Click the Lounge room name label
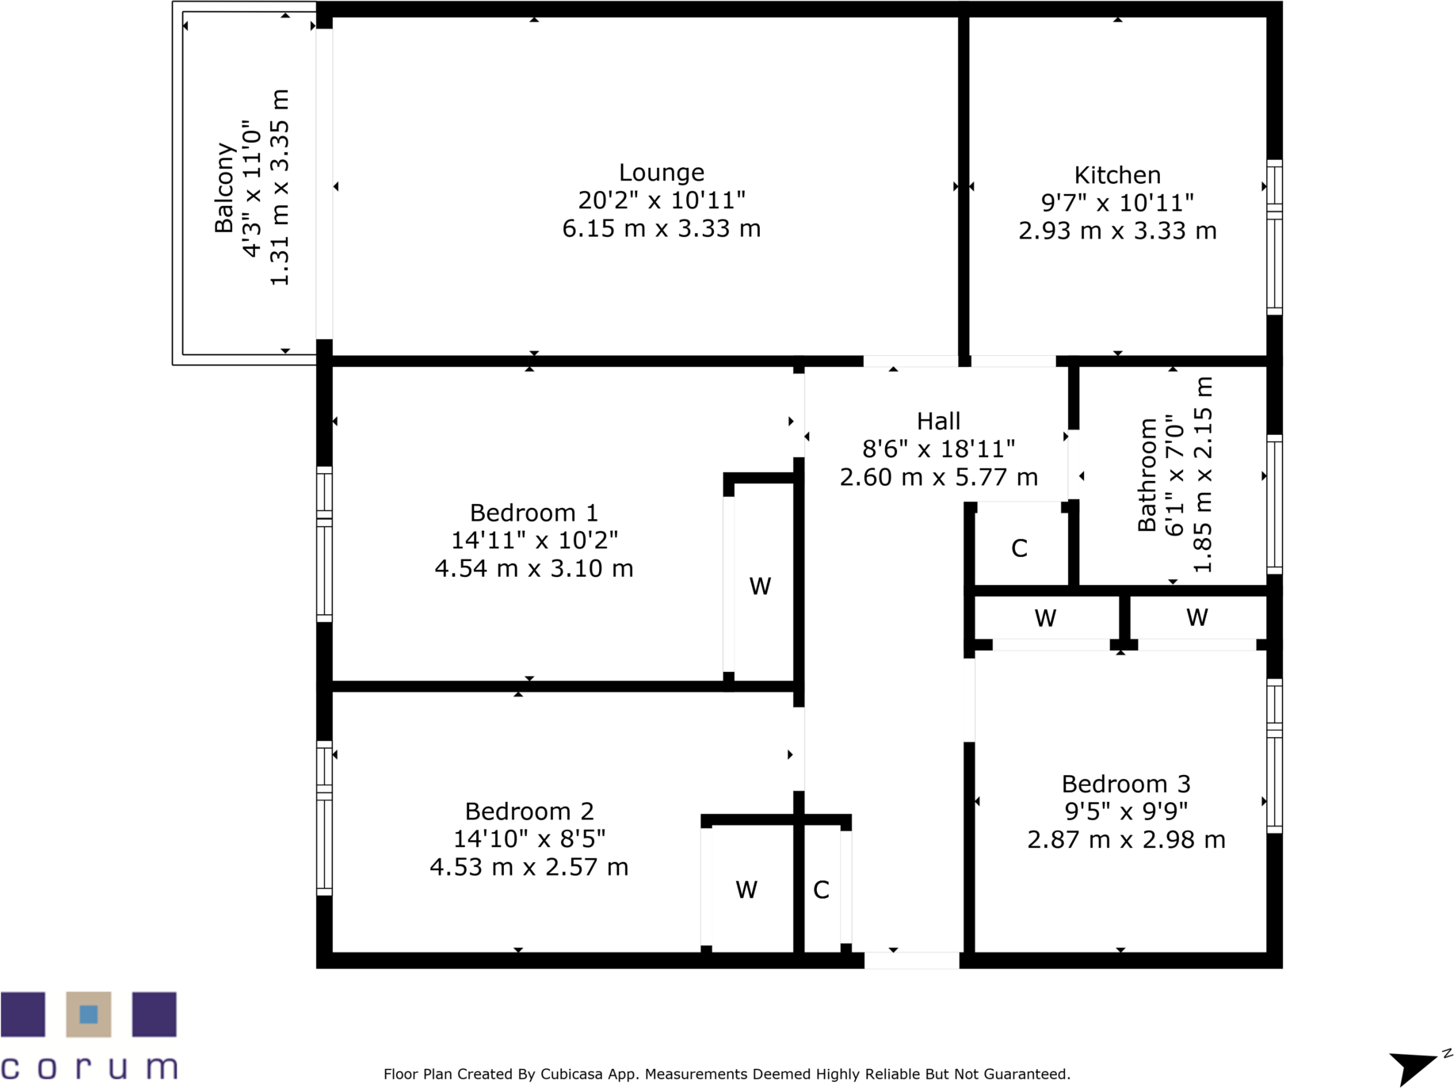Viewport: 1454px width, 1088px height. click(x=661, y=172)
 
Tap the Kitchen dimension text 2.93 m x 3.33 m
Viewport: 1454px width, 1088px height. click(x=1116, y=231)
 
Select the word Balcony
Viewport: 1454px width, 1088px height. click(x=225, y=188)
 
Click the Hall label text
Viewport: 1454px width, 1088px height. click(x=938, y=421)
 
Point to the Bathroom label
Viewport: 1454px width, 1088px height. click(x=1147, y=475)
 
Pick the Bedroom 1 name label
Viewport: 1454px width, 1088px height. click(x=533, y=513)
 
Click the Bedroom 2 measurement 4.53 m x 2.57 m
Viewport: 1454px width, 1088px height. click(x=529, y=867)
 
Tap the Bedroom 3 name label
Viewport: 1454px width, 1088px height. click(x=1125, y=784)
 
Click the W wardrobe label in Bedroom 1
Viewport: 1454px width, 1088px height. click(x=760, y=586)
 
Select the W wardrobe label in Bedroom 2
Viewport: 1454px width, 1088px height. click(x=746, y=890)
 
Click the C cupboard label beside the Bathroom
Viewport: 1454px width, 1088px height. click(x=1019, y=548)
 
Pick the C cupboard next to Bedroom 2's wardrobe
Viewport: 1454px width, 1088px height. click(x=821, y=890)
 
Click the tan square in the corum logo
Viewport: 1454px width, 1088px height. click(x=89, y=1014)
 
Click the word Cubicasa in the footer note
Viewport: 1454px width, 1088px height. click(x=571, y=1075)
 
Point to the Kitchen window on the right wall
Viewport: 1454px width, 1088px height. click(x=1273, y=237)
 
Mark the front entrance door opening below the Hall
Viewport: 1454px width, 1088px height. click(x=911, y=960)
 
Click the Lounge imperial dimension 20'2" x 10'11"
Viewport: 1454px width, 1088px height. click(x=661, y=200)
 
